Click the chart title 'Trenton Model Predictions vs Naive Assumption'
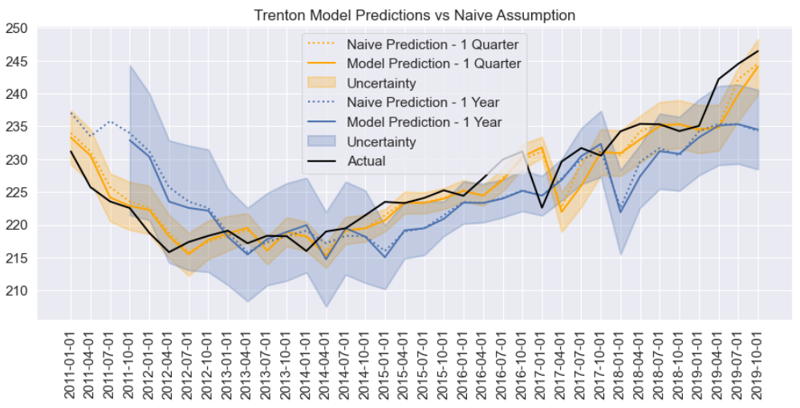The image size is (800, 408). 414,15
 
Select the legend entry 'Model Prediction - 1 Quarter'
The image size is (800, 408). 433,63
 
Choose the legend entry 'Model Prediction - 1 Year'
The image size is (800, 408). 424,122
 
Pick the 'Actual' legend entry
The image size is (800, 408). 366,161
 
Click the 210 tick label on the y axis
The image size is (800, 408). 17,291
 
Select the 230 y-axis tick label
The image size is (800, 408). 17,160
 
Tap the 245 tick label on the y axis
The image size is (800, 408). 17,62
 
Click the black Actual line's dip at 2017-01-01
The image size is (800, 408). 542,207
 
